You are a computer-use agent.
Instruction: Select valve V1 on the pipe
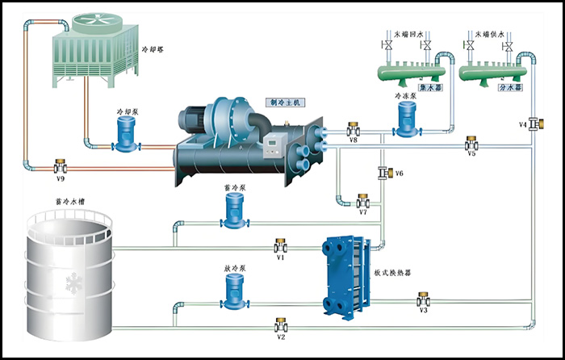pyautogui.click(x=280, y=245)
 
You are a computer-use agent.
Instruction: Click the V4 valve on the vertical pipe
pyautogui.click(x=534, y=123)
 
